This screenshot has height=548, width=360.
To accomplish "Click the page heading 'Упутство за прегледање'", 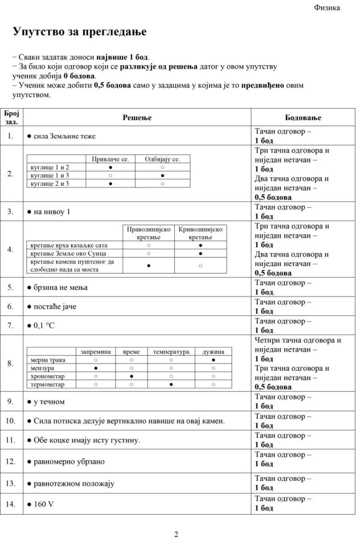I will (80, 32).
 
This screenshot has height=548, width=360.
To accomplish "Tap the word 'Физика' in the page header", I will (327, 8).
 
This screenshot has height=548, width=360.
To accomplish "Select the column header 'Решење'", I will (137, 118).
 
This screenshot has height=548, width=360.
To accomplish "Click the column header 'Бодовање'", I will (303, 118).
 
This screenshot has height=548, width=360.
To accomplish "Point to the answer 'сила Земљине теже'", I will (64, 136).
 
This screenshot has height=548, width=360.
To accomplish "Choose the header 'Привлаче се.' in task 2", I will (110, 159).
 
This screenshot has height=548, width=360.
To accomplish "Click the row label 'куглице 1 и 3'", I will (50, 175).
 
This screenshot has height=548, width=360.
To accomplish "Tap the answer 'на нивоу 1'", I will (52, 212).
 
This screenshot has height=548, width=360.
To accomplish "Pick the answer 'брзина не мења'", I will (60, 287).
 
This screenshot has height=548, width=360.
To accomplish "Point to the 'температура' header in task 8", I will (171, 352).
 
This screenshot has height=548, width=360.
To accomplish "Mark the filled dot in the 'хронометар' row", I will (132, 376).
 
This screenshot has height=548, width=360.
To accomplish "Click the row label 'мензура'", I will (42, 368).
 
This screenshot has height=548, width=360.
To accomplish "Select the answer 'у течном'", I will (49, 401).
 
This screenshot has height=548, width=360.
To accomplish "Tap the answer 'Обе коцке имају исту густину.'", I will (87, 440).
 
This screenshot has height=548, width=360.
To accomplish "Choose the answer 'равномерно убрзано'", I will (69, 462).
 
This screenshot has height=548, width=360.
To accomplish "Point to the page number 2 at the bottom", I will (176, 534).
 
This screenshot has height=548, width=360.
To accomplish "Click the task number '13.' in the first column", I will (11, 484).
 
